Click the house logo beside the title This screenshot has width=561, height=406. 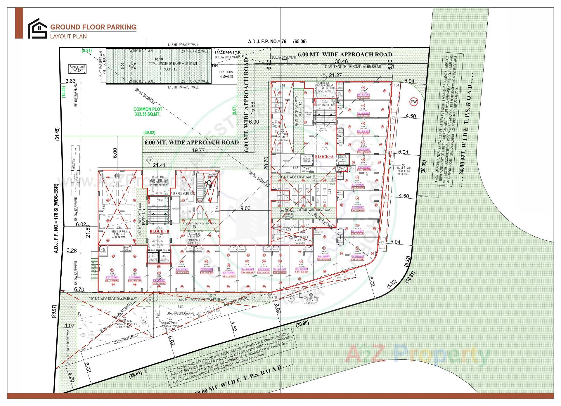point(37,28)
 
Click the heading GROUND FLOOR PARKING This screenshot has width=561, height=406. point(93,27)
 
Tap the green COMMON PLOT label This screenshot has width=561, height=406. point(148,112)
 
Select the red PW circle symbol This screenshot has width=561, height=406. point(414,102)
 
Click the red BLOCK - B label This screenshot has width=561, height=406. point(159,231)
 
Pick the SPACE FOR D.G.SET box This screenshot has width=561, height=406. point(77,69)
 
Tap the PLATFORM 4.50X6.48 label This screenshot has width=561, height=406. point(226,74)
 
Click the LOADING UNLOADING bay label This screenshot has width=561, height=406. point(180,313)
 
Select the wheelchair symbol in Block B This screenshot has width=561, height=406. point(209,184)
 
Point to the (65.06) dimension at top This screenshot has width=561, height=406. point(300,41)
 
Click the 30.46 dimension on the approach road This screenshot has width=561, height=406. point(341,61)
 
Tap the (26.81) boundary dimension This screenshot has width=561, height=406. point(135,374)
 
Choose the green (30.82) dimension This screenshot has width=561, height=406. point(149,133)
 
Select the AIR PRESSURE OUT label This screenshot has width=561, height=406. point(183,194)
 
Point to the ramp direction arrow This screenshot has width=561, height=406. point(132,66)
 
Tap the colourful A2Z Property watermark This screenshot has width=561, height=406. point(418,354)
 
